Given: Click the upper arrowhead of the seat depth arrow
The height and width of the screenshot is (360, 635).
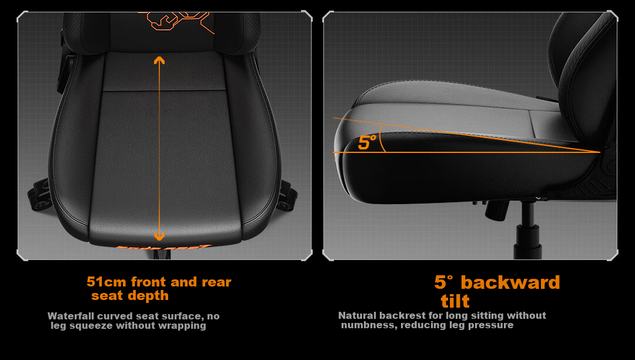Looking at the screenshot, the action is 159,61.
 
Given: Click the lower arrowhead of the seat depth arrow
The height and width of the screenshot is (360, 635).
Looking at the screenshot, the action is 159,236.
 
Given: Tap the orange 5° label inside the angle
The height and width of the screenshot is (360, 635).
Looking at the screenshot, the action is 367,142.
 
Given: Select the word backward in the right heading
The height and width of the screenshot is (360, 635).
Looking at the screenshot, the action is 510,282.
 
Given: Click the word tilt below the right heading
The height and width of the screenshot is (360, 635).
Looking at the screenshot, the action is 455,301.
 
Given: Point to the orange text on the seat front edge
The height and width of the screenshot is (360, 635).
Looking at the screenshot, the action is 163,246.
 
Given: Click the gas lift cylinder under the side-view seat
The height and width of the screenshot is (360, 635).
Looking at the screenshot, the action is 527,231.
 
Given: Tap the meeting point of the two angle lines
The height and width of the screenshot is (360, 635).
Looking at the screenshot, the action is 600,152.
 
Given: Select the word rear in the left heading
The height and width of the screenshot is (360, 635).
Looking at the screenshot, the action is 216,282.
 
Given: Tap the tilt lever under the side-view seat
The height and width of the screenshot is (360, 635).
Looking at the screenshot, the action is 496,210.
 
